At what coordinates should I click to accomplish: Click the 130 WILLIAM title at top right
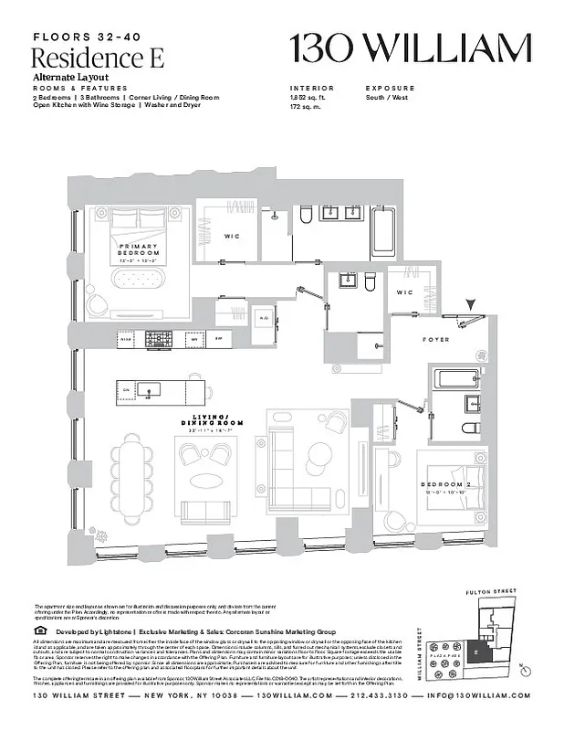(410, 48)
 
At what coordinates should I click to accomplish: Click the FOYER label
(436, 339)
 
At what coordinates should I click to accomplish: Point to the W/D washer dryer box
(264, 318)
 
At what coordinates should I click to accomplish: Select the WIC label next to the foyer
(405, 292)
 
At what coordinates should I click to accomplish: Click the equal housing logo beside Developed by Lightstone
(38, 630)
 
